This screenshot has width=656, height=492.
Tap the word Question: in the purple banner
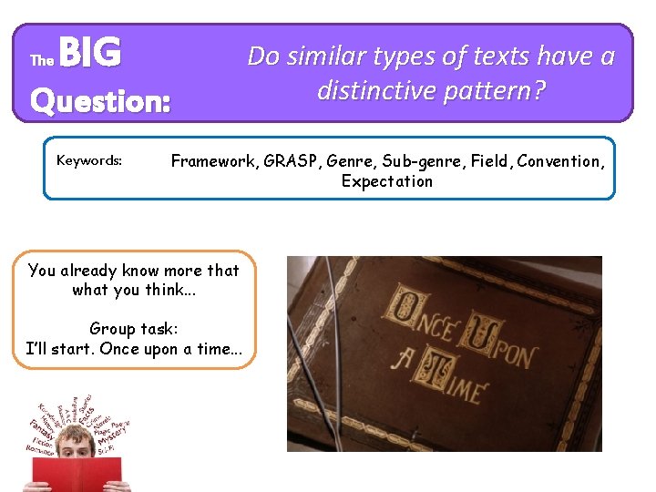[100, 100]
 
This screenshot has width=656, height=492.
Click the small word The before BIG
[42, 61]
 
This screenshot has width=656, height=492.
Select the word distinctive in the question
[380, 90]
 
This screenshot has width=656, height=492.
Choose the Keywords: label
[89, 160]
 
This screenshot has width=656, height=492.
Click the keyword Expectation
[387, 180]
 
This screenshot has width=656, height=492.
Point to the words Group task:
[133, 329]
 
